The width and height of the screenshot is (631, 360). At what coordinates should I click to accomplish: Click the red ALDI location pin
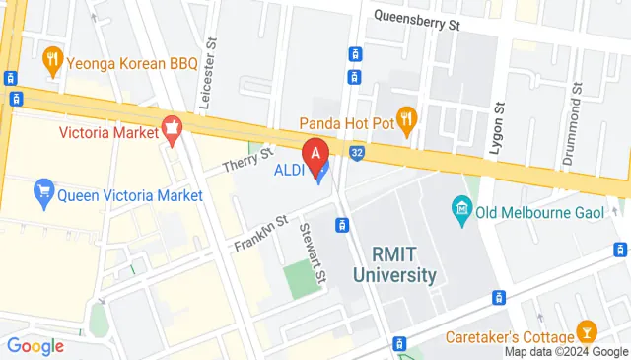[315, 153]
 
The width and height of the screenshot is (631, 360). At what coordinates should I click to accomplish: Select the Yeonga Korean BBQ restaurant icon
[54, 62]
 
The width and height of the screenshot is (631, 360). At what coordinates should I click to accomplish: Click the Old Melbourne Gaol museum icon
[461, 208]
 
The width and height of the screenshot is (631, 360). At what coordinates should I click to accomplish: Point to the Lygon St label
[499, 128]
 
